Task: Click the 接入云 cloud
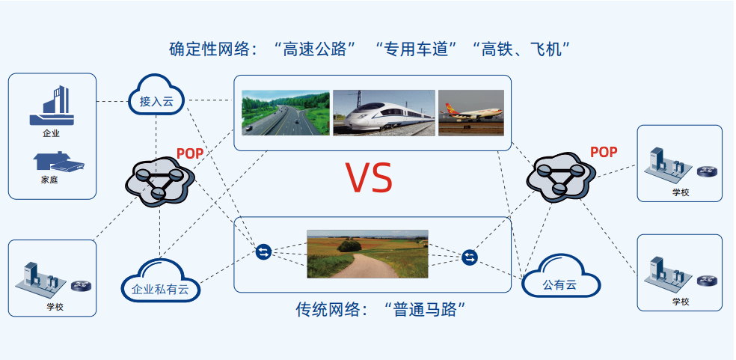[156, 98]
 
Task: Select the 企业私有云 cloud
[161, 281]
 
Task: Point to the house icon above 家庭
[58, 162]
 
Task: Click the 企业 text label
[51, 133]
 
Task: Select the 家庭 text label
[49, 180]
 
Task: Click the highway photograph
[286, 113]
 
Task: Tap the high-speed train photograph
[384, 113]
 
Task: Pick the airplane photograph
[470, 113]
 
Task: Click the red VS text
[369, 177]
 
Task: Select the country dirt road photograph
[367, 254]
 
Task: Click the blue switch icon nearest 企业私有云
[263, 252]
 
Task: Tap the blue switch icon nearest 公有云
[470, 257]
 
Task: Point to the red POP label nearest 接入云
[190, 153]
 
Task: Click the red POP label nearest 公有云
[604, 152]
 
